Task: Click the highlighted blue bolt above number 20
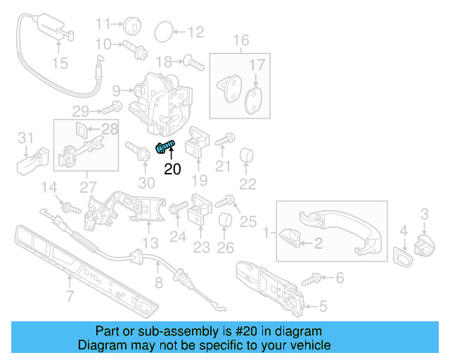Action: (x=165, y=147)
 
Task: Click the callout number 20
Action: (x=172, y=169)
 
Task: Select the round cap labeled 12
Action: (x=163, y=31)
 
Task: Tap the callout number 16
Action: (x=241, y=41)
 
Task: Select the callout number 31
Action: (x=25, y=136)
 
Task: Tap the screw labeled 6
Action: (x=309, y=281)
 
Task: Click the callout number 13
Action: (x=150, y=243)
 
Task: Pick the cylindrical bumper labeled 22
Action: (x=247, y=156)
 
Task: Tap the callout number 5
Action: (x=323, y=305)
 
